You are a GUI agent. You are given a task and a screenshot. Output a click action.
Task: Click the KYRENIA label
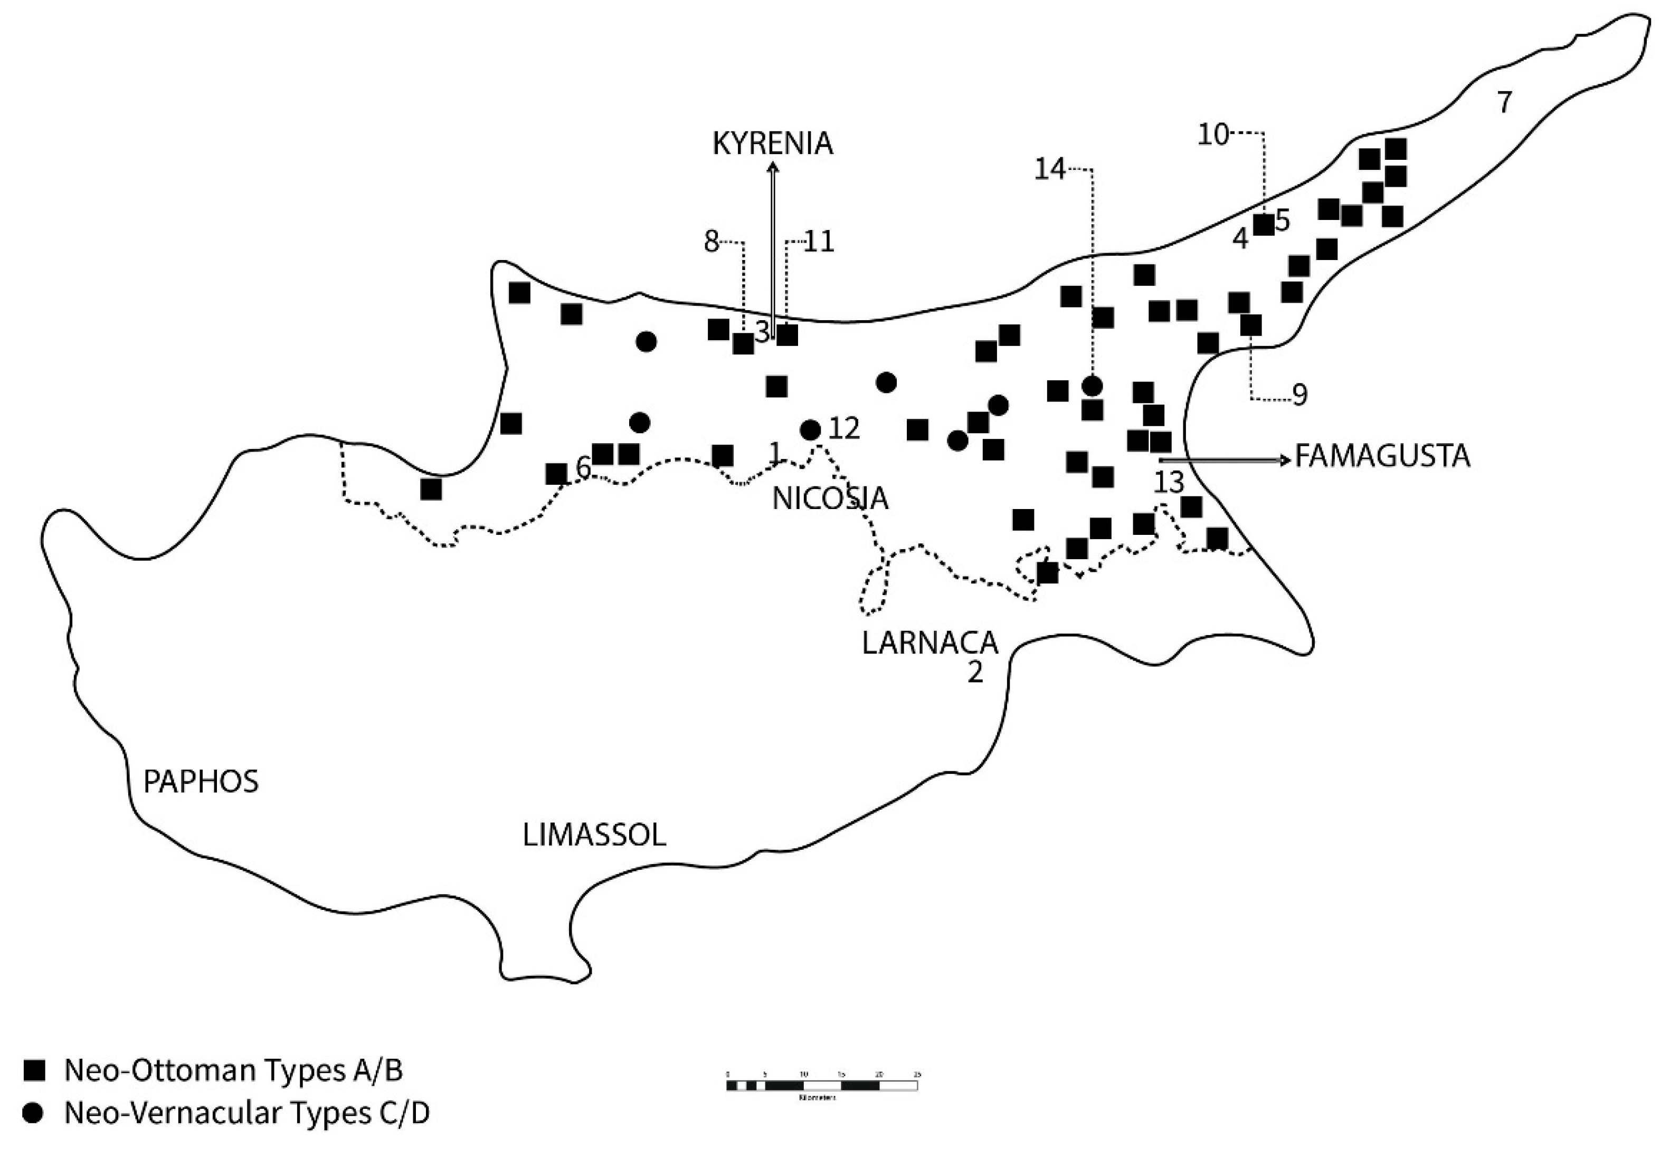[x=772, y=143]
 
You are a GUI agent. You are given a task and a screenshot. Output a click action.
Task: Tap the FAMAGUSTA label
[x=1382, y=456]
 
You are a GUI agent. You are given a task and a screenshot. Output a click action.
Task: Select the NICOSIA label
[x=829, y=498]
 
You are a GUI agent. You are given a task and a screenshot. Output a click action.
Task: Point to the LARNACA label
[x=930, y=642]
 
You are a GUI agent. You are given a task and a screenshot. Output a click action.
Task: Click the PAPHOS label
[x=201, y=781]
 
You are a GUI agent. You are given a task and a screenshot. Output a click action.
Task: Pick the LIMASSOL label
[x=594, y=836]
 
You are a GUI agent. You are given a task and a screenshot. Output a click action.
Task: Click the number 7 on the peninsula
[x=1504, y=102]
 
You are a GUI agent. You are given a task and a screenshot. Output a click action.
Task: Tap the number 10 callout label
[x=1213, y=135]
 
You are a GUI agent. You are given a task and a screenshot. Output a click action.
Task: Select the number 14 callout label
[x=1050, y=170]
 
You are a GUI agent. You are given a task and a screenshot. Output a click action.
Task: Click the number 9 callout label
[x=1299, y=396]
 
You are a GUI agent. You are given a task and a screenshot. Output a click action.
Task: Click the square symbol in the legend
[x=33, y=1071]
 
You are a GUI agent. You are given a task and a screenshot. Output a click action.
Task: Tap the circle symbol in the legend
[x=33, y=1114]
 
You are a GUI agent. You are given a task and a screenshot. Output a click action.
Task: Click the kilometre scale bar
[x=821, y=1085]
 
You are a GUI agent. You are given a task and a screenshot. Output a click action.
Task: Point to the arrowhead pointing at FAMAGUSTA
[x=1285, y=459]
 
